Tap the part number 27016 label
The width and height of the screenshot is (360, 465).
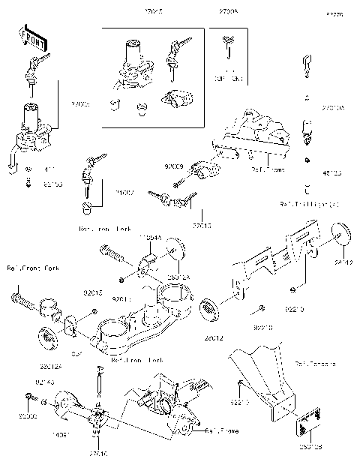(x=99, y=454)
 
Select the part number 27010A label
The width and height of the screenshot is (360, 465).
(x=333, y=108)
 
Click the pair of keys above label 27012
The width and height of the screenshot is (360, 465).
(x=173, y=198)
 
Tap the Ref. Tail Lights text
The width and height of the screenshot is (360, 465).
(x=309, y=204)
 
